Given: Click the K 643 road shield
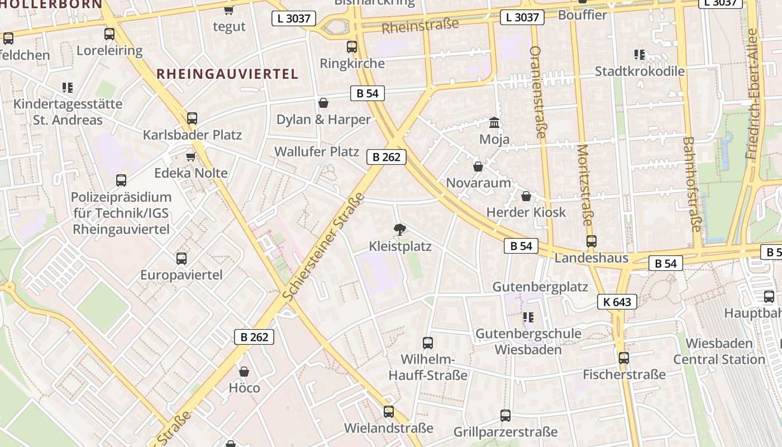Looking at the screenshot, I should [617, 302].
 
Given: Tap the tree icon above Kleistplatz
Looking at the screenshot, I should [399, 229].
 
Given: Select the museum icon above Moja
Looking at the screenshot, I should [494, 122].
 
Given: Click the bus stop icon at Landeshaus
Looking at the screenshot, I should [591, 241].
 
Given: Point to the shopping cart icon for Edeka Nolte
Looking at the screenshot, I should [190, 156].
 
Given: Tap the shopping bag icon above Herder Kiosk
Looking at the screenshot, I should [526, 196].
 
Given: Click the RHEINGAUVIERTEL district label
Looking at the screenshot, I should [227, 74].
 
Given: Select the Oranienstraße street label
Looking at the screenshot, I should [537, 92].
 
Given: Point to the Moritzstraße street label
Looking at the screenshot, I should [584, 185].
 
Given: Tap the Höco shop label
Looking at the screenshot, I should [244, 388].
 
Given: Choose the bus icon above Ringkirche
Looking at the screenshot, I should [351, 47].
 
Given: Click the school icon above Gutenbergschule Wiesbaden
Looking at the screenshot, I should [528, 318].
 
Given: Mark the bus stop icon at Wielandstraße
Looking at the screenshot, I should [388, 412].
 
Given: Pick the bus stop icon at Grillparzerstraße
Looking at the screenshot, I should [505, 415].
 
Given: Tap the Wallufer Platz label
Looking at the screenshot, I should [316, 151].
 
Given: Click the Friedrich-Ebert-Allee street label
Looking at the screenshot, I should [752, 94].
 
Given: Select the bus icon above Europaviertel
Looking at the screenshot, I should [181, 258].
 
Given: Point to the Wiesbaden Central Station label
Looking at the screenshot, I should [719, 351].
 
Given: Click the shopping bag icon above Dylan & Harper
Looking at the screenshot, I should [323, 103].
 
